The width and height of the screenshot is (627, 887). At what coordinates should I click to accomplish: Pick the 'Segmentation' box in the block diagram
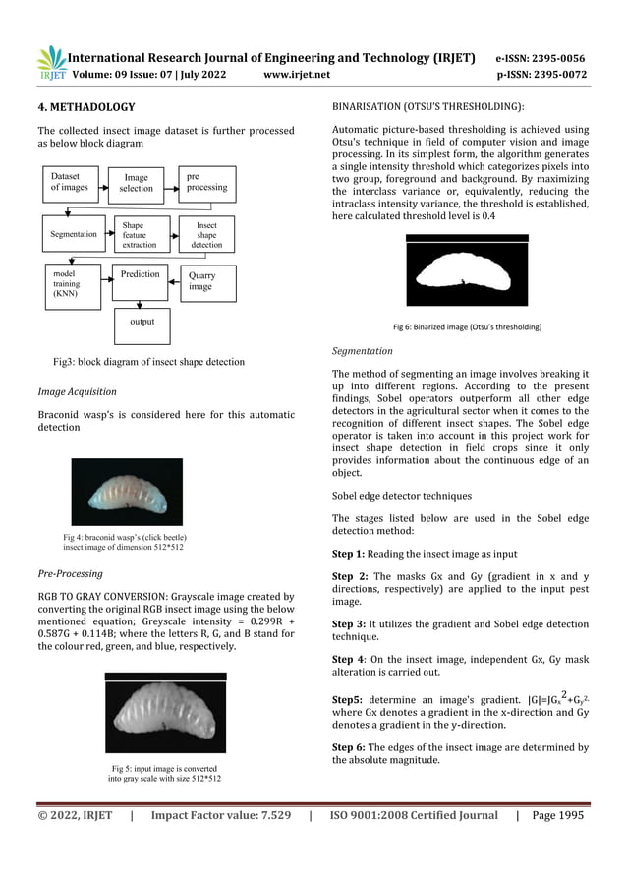coord(74,235)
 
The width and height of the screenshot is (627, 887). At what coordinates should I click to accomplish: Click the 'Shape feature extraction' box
coord(138,235)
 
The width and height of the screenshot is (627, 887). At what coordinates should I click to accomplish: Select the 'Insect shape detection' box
coord(206,235)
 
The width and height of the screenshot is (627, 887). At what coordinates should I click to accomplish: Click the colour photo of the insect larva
coord(128,491)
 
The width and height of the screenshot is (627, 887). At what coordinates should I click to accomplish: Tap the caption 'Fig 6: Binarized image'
coord(466,326)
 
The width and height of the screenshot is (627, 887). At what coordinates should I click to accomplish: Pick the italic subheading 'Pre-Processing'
coord(71,572)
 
